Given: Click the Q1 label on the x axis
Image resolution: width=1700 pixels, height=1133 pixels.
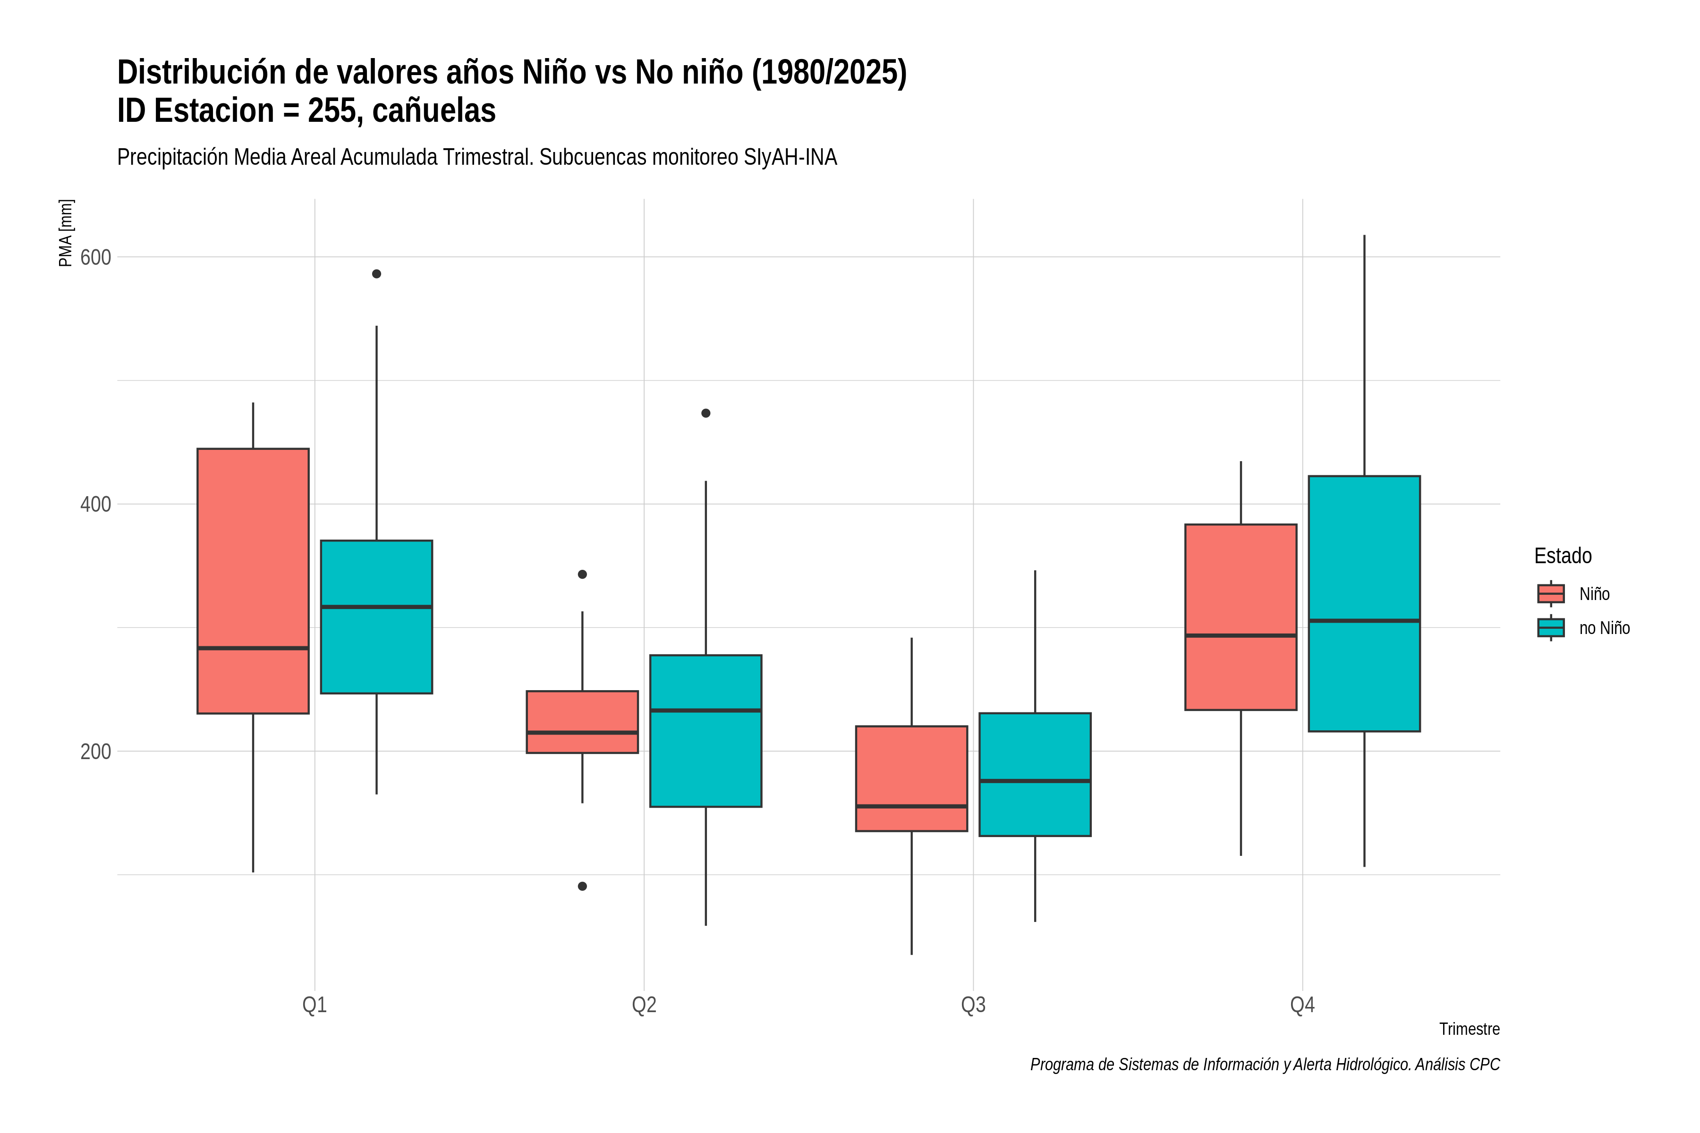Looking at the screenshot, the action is (x=314, y=1005).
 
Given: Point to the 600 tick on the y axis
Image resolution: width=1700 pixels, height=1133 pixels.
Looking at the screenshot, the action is (x=95, y=257).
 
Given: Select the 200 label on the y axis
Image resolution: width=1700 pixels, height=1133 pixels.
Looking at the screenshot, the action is (x=95, y=752).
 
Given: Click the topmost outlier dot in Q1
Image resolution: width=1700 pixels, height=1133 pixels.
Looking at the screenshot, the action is (x=376, y=274).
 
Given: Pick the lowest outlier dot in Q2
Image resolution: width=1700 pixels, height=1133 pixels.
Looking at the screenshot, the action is (x=583, y=887).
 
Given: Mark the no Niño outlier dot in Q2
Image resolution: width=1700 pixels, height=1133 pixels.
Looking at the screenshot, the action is (x=706, y=414).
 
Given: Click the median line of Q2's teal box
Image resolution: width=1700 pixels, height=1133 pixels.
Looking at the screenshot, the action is (x=706, y=710).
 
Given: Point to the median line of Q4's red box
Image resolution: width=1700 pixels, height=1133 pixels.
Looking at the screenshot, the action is (x=1241, y=636).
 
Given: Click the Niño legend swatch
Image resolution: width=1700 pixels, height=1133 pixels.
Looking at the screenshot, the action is (x=1551, y=594).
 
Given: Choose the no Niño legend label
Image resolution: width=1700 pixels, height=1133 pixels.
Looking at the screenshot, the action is (x=1605, y=628).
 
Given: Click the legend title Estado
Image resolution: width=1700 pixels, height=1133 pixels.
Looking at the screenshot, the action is (x=1563, y=556).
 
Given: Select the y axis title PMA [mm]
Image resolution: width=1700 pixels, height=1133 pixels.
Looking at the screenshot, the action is (x=66, y=233).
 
